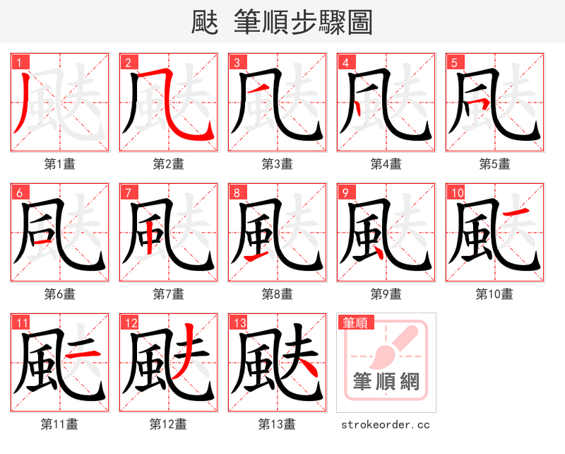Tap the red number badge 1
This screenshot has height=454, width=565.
[18, 63]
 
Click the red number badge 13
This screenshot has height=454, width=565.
[239, 323]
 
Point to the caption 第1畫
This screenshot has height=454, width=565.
[60, 164]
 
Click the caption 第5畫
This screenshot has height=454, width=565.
[494, 164]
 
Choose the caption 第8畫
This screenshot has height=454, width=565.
[277, 293]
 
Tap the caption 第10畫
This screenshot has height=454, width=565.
[494, 293]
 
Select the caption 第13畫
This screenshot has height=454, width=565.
[277, 424]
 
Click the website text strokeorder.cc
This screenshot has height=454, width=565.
[386, 424]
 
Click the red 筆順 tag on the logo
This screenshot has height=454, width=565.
[354, 322]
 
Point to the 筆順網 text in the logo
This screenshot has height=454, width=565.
[386, 382]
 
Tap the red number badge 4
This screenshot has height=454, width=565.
[345, 63]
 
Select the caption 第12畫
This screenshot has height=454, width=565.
[168, 424]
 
